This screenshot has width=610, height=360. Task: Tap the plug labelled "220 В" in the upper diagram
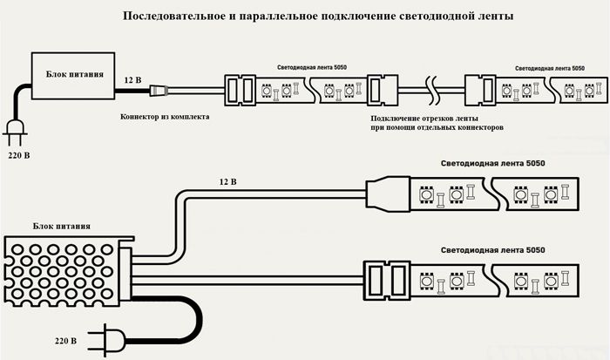click(x=16, y=129)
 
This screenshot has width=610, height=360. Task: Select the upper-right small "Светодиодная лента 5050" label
click(x=548, y=67)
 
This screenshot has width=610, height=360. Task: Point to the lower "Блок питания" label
click(x=61, y=226)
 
